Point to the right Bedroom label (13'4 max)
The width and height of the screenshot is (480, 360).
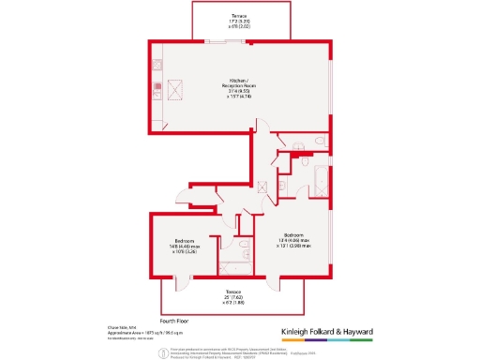pyautogui.click(x=292, y=240)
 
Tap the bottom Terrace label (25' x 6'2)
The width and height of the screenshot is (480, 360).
pyautogui.click(x=232, y=297)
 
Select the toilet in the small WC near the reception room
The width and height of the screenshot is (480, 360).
pyautogui.click(x=320, y=141)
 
